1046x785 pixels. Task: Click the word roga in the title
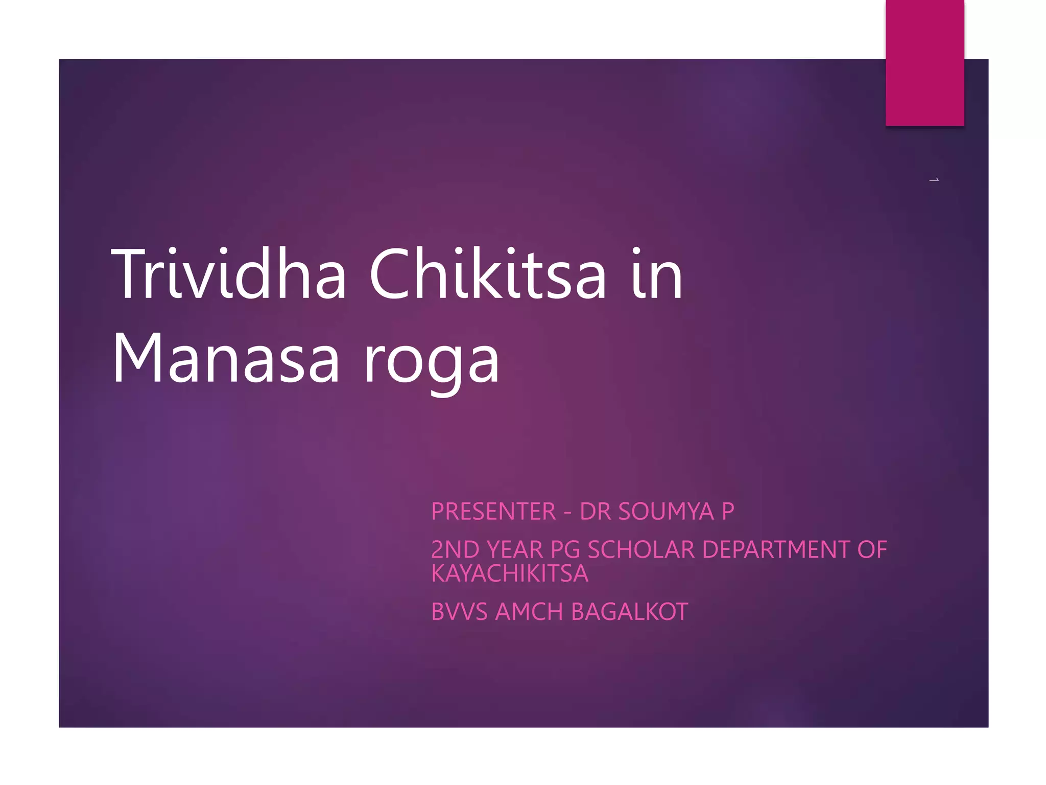[x=432, y=360]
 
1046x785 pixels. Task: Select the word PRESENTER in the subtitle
[x=493, y=512]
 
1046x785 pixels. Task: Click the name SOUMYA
[x=666, y=512]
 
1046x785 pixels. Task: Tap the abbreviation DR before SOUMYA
[x=596, y=512]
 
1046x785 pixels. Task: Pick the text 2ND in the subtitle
[x=455, y=550]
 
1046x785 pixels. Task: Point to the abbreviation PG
[x=565, y=550]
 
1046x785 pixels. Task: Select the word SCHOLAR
[x=641, y=550]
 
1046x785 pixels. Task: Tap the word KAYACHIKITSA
[x=510, y=573]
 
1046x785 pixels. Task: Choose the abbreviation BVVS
[x=459, y=612]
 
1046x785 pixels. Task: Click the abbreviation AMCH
[x=529, y=612]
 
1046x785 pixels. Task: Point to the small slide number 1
[x=934, y=180]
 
